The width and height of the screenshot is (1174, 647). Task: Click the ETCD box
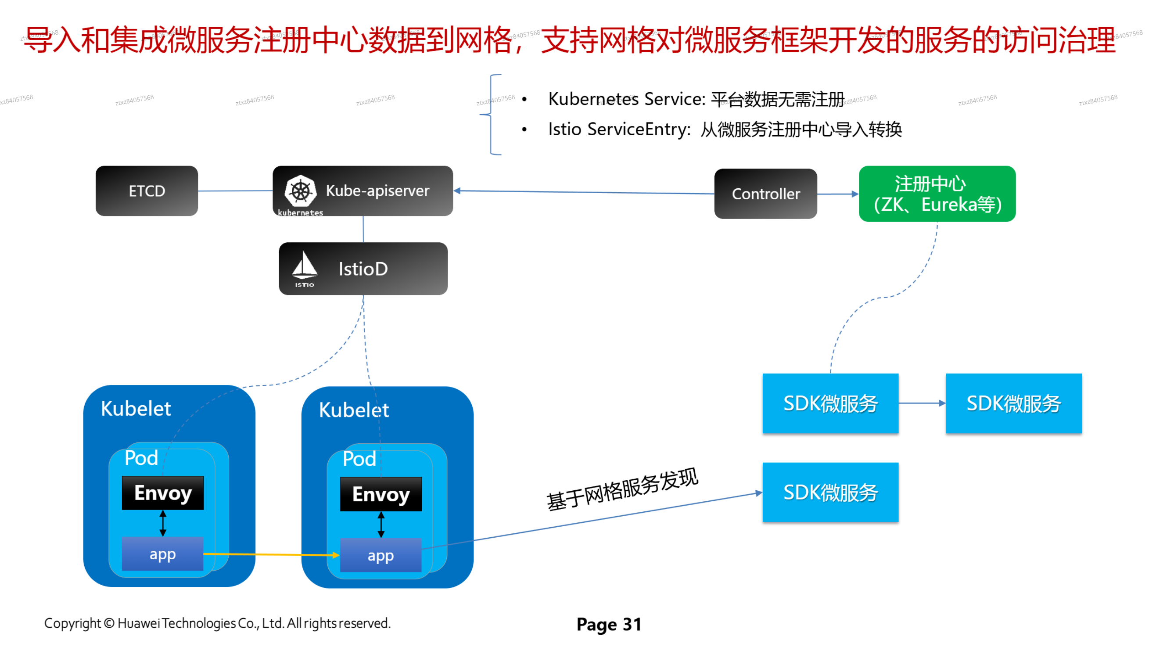coord(147,191)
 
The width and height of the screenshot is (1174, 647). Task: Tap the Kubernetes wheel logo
coord(300,191)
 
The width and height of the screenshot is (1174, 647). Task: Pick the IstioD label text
coord(363,269)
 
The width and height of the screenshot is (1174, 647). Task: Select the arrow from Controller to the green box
coord(838,194)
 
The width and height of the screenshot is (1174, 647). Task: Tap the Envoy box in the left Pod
coord(163,493)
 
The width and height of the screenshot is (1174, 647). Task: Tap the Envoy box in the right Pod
coord(381,494)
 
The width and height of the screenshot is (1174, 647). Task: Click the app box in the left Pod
coord(163,554)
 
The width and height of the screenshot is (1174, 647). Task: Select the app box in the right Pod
coord(381,555)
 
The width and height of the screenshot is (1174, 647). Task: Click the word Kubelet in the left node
coord(136,409)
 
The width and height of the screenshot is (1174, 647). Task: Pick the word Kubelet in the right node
coord(354,410)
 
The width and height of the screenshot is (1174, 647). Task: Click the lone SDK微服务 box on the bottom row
coord(830,492)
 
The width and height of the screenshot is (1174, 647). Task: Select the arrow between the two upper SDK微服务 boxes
coord(922,403)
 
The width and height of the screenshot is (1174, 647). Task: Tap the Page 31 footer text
coord(608,624)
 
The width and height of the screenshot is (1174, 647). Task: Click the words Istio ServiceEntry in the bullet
coord(619,129)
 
